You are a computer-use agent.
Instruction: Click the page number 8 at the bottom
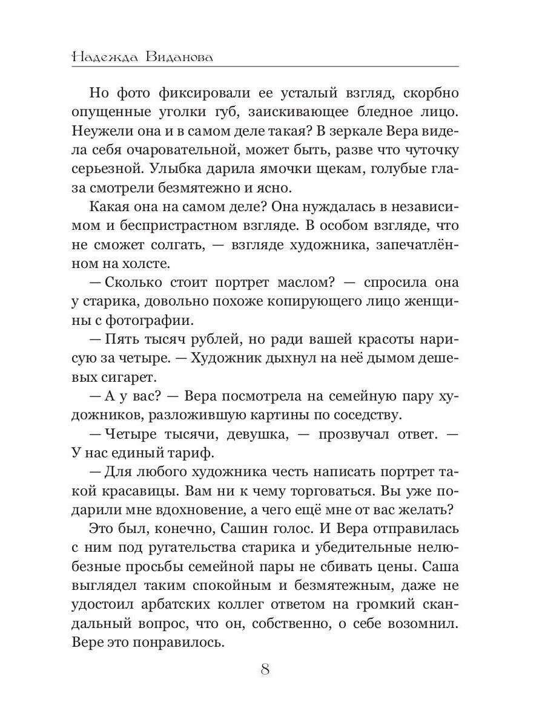(x=265, y=670)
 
